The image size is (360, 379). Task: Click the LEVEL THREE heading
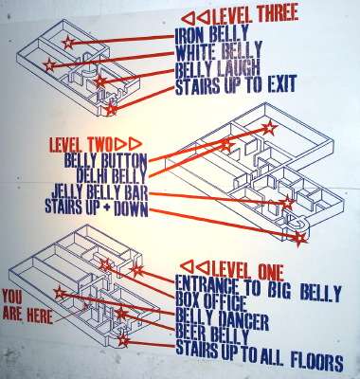[257, 15]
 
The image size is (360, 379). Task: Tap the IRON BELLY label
[212, 35]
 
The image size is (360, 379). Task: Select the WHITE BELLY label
[219, 51]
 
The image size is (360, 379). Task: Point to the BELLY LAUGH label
[218, 68]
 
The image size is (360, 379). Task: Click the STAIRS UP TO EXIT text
[236, 85]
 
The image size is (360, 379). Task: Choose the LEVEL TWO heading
[81, 145]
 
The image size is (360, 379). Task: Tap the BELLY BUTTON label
[105, 161]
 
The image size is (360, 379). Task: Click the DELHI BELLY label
[111, 176]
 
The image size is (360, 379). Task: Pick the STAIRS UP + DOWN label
[97, 208]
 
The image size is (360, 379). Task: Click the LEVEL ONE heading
[248, 271]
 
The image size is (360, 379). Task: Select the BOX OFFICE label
[210, 303]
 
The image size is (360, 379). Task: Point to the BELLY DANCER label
[222, 319]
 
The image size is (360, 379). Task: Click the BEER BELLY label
[212, 335]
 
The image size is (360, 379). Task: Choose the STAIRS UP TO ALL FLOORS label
[260, 354]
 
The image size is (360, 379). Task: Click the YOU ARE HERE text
[27, 307]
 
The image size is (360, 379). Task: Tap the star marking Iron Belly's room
[68, 43]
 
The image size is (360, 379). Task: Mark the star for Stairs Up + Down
[299, 239]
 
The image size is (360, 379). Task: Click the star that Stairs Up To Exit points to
[111, 110]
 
